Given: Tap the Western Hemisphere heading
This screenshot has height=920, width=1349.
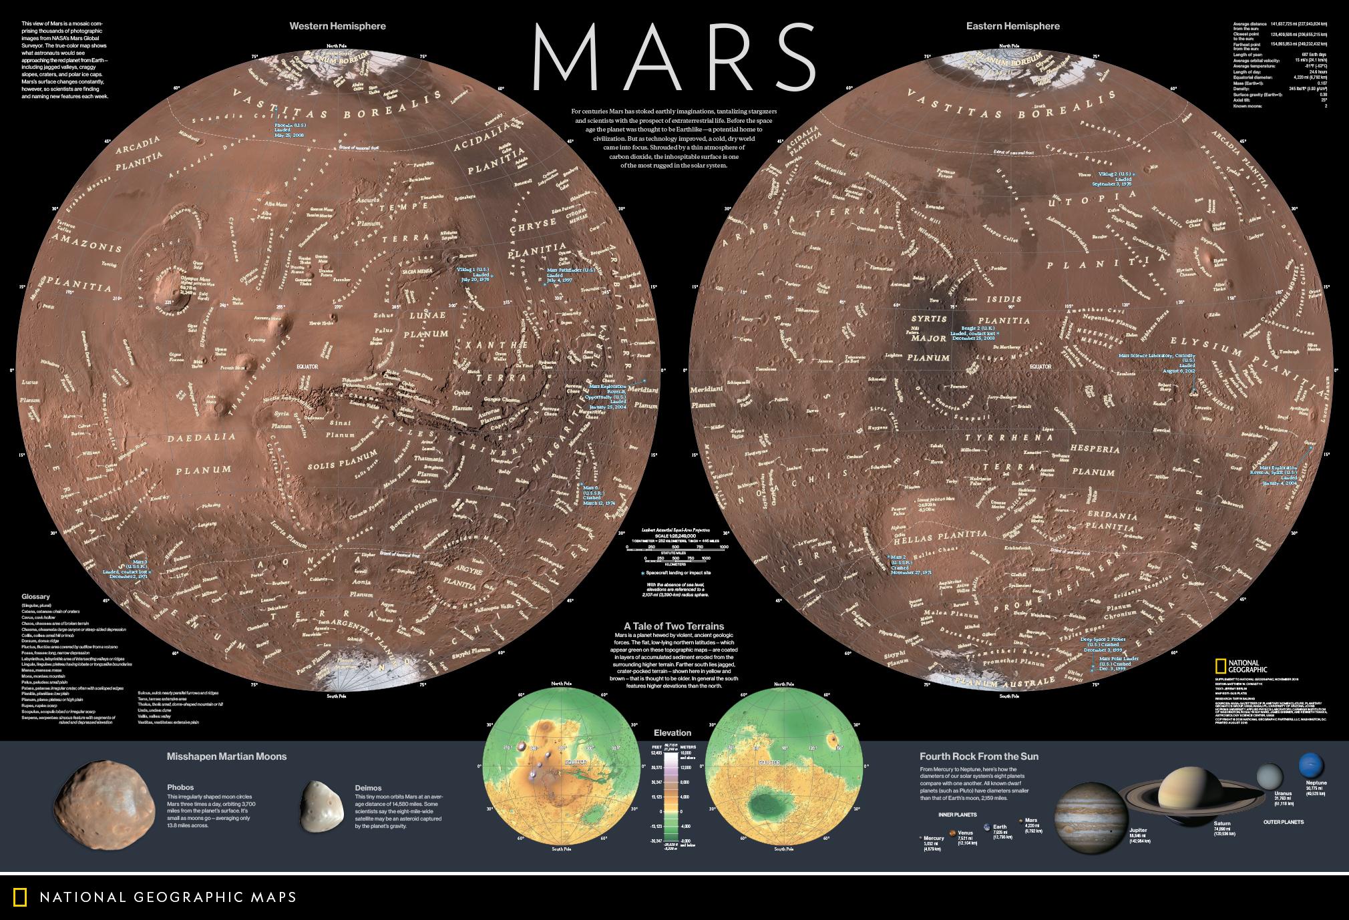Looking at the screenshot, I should pyautogui.click(x=337, y=26).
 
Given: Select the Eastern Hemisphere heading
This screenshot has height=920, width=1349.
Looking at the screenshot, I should pyautogui.click(x=1012, y=26).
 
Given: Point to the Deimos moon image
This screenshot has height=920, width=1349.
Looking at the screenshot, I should pyautogui.click(x=321, y=806).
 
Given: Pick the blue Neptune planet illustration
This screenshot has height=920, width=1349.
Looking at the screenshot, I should pyautogui.click(x=1311, y=765).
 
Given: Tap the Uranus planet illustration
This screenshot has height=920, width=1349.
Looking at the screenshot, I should pyautogui.click(x=1269, y=776).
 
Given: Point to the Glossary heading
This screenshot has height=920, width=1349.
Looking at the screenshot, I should pyautogui.click(x=35, y=596).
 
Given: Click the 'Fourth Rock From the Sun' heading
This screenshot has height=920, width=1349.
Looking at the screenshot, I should pyautogui.click(x=978, y=756).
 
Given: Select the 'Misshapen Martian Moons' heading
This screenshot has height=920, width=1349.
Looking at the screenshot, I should pyautogui.click(x=226, y=756).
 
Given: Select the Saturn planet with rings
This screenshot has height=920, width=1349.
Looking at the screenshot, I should pyautogui.click(x=1181, y=790).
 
